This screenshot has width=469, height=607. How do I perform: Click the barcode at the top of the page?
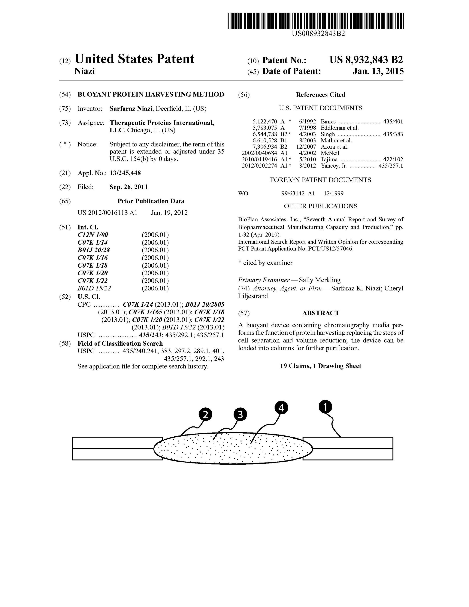coord(315,21)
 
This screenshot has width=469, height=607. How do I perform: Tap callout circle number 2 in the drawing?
coord(205,415)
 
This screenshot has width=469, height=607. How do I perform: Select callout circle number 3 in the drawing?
coord(240,415)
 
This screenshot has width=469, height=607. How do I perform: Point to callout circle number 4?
coord(281,408)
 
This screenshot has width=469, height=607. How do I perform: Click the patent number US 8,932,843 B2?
coord(366,60)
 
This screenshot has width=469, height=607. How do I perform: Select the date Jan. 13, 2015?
coord(378,71)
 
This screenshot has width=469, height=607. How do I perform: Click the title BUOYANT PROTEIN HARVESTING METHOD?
coord(151,95)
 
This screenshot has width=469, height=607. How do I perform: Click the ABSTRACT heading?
coord(320,313)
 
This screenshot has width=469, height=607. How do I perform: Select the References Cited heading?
coord(320,95)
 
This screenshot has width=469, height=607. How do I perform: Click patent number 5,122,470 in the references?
coord(265,121)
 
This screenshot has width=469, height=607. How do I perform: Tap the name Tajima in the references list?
coord(329,159)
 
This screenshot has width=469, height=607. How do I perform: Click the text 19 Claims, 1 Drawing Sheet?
coord(320,366)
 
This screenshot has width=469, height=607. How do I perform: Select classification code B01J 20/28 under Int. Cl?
coord(94,250)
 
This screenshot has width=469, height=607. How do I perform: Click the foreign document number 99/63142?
coord(293,193)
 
